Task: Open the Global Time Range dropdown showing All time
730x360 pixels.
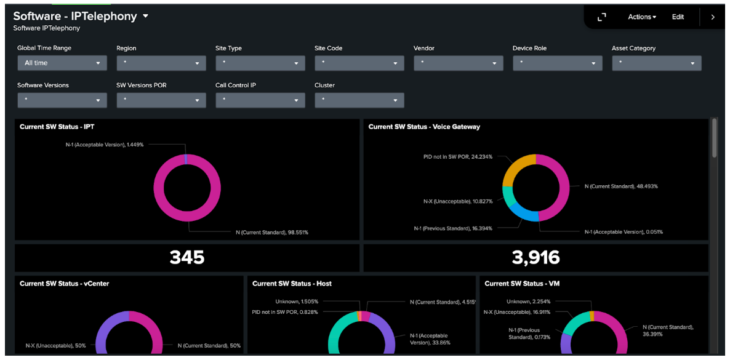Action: tap(62, 63)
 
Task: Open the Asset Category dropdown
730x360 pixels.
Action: tap(656, 63)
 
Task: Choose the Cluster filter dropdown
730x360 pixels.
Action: tap(359, 100)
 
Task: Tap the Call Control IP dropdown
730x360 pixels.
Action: tap(260, 100)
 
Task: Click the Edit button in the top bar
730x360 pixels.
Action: tap(678, 17)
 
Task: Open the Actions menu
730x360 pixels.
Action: tap(641, 17)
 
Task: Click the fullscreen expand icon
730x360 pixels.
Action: tap(602, 17)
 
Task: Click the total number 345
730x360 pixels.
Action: tap(187, 257)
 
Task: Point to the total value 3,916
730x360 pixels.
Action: tap(535, 257)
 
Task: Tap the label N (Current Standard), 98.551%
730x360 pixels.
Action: tap(271, 233)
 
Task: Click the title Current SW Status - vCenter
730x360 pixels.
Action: tap(64, 284)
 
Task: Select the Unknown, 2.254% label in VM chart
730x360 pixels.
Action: tap(528, 302)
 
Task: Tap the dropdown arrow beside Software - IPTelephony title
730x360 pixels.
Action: tap(146, 17)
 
